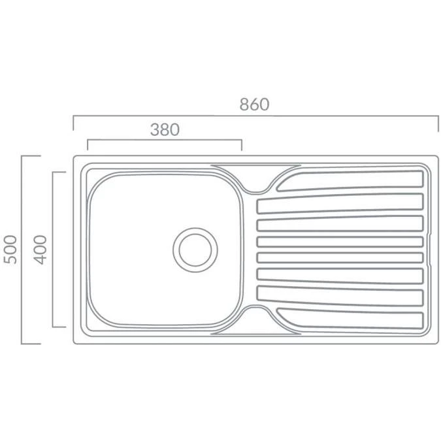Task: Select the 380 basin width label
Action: tap(165, 129)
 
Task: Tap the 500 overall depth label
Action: tap(10, 250)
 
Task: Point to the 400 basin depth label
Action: tap(41, 250)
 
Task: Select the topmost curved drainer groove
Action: tap(353, 180)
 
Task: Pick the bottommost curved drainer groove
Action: tap(353, 318)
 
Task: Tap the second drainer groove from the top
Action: tap(340, 203)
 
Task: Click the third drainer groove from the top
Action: tap(340, 224)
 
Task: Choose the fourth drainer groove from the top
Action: tap(340, 241)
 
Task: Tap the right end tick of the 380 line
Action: tap(242, 144)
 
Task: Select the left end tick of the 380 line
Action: tap(87, 144)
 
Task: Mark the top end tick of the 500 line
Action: tap(31, 156)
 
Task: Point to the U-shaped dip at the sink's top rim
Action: tap(255, 188)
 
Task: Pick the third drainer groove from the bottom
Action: tap(340, 275)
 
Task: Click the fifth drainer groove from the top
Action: tap(340, 257)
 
